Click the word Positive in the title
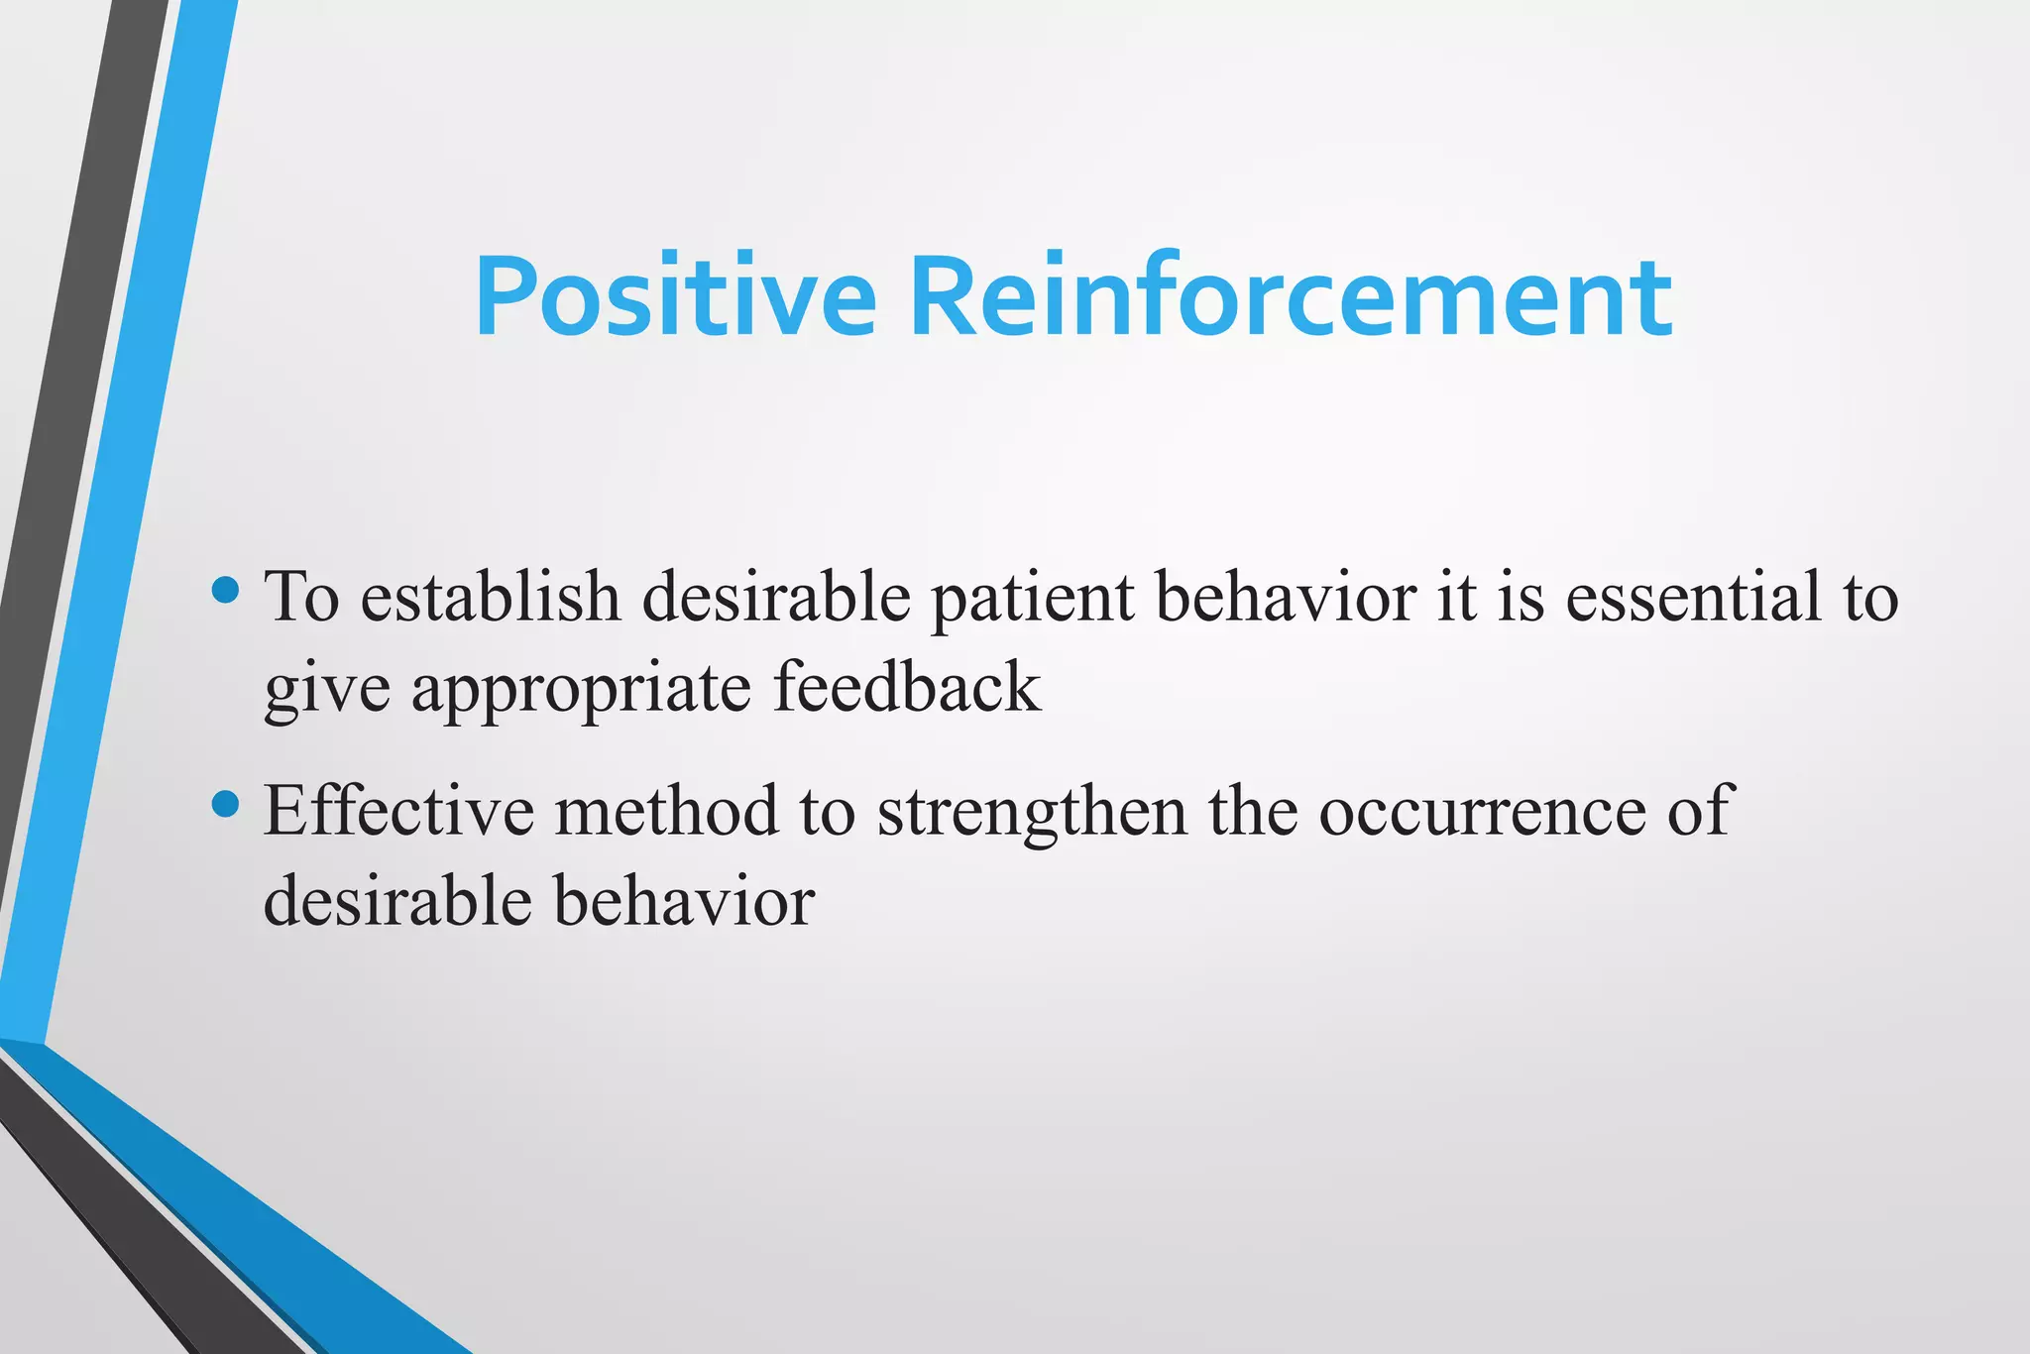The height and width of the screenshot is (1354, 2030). pos(675,298)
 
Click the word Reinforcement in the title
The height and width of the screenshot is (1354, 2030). pos(1291,298)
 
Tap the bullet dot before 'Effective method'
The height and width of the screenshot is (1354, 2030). pos(226,804)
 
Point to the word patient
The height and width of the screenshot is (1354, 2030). pos(1032,600)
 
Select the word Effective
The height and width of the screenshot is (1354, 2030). pos(398,810)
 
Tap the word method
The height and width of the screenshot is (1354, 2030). pos(666,810)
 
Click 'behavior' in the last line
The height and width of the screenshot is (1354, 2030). pos(684,901)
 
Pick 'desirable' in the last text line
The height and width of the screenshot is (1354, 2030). pos(396,901)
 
